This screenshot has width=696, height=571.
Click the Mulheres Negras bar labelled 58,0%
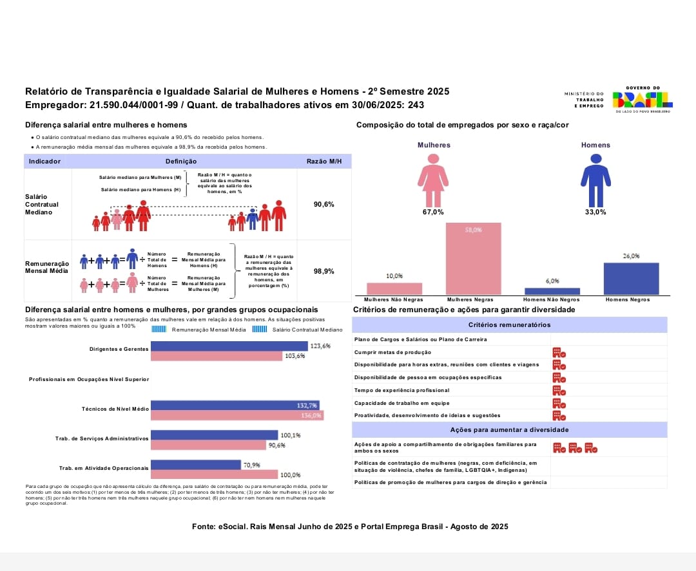tap(473, 259)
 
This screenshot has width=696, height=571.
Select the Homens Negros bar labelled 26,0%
tap(631, 278)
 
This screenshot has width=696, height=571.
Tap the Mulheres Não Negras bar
tap(394, 288)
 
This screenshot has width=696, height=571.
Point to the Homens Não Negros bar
tap(552, 291)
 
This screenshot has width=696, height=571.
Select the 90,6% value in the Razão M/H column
tap(324, 204)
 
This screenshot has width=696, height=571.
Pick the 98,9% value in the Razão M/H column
tap(324, 271)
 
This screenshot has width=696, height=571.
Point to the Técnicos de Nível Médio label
tap(115, 409)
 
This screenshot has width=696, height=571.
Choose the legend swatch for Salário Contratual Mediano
tap(258, 329)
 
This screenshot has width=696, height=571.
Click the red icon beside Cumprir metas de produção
tap(559, 353)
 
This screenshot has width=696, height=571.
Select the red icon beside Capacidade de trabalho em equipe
tap(559, 403)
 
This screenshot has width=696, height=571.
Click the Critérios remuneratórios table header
tap(509, 325)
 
